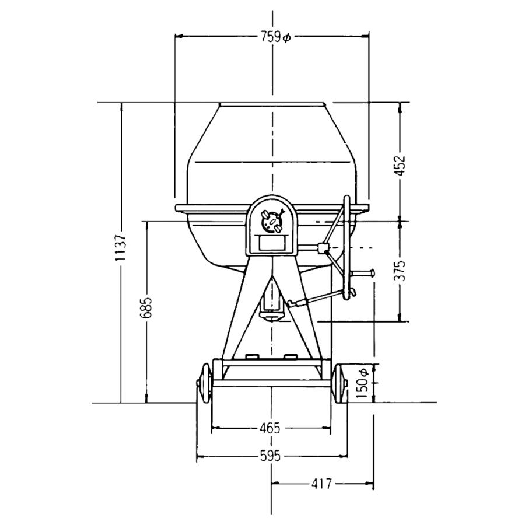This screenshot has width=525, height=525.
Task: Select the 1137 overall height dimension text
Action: click(120, 248)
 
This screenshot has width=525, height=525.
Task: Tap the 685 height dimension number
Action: click(146, 307)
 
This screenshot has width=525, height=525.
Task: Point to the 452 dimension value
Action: click(400, 165)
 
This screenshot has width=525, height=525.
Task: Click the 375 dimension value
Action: click(400, 271)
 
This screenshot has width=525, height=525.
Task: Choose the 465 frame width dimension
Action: click(270, 428)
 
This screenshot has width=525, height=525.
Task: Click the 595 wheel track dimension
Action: click(270, 456)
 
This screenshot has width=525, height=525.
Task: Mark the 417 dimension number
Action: click(321, 483)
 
